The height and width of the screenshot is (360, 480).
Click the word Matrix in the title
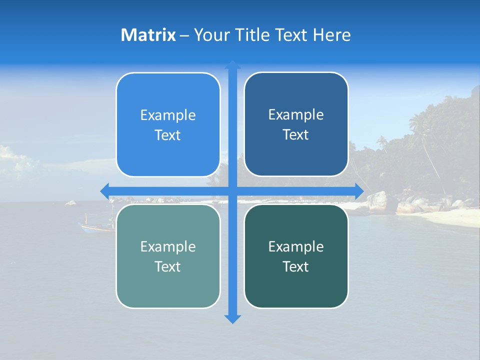(x=148, y=35)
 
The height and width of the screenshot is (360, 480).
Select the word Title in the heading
(x=253, y=35)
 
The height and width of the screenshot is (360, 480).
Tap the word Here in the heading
(x=332, y=35)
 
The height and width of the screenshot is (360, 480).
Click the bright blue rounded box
(x=168, y=125)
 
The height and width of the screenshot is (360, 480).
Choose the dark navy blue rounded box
(x=296, y=124)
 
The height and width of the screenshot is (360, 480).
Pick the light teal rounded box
(x=168, y=256)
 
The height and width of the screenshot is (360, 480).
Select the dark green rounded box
(x=296, y=256)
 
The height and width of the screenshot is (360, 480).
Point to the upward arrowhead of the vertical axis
(x=232, y=65)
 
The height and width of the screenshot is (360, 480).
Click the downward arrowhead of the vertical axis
(x=232, y=318)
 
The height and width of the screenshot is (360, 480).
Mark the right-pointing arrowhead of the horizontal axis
(x=358, y=191)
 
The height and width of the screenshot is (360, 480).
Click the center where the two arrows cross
(x=232, y=191)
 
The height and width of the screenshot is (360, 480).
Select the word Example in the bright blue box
(x=168, y=115)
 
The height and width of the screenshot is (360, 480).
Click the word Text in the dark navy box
(x=296, y=135)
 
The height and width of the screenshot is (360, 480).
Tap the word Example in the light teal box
(x=168, y=246)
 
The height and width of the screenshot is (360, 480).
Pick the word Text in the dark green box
(x=296, y=266)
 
